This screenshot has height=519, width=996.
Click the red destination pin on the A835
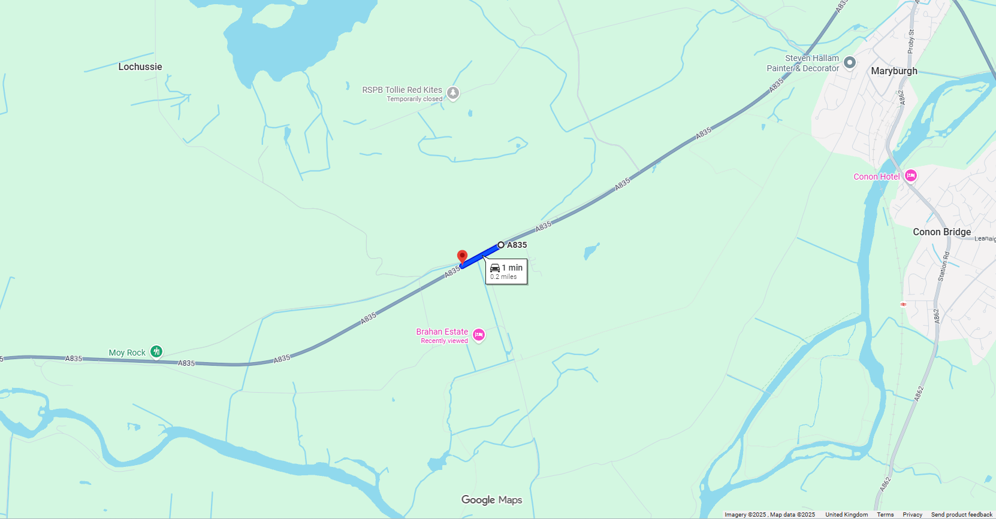coord(462,256)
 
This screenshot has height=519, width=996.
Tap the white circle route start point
coord(501,245)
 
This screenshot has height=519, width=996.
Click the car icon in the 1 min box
coord(495,268)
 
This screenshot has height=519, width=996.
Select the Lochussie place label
coord(140,67)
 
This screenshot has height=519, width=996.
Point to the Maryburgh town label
coord(894,71)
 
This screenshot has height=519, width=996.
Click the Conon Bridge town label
coord(941,232)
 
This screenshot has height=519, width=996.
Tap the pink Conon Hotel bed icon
coord(911,176)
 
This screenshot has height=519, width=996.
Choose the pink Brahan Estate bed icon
coord(479,335)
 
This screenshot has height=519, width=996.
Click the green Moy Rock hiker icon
coord(156,352)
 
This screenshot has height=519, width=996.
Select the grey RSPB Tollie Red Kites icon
coord(453,93)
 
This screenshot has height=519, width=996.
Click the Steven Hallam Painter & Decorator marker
coord(849,62)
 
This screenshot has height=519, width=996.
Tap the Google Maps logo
coord(491,500)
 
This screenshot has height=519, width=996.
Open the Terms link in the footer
coord(885,515)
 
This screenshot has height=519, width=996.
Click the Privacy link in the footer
coord(912,515)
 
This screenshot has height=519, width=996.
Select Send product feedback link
coord(961,515)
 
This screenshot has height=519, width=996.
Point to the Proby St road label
coord(911,41)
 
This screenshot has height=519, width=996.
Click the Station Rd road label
coord(943,266)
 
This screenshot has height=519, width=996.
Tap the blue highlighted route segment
coord(481,256)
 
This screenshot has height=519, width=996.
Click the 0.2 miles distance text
coord(503,277)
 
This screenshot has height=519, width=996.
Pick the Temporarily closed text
coord(414,99)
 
